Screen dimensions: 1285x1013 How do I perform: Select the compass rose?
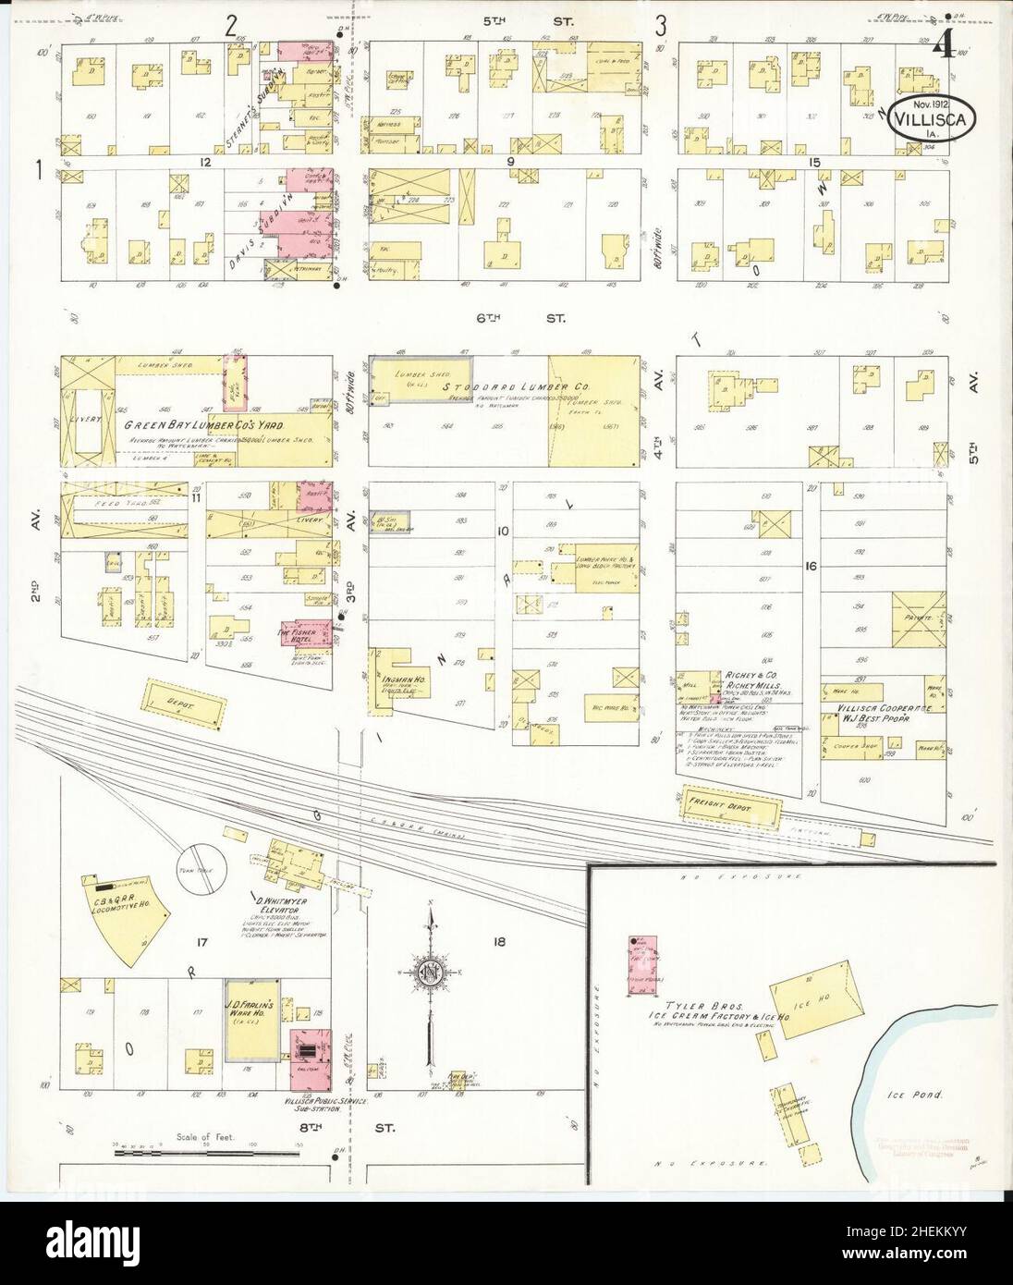[x=430, y=973]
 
